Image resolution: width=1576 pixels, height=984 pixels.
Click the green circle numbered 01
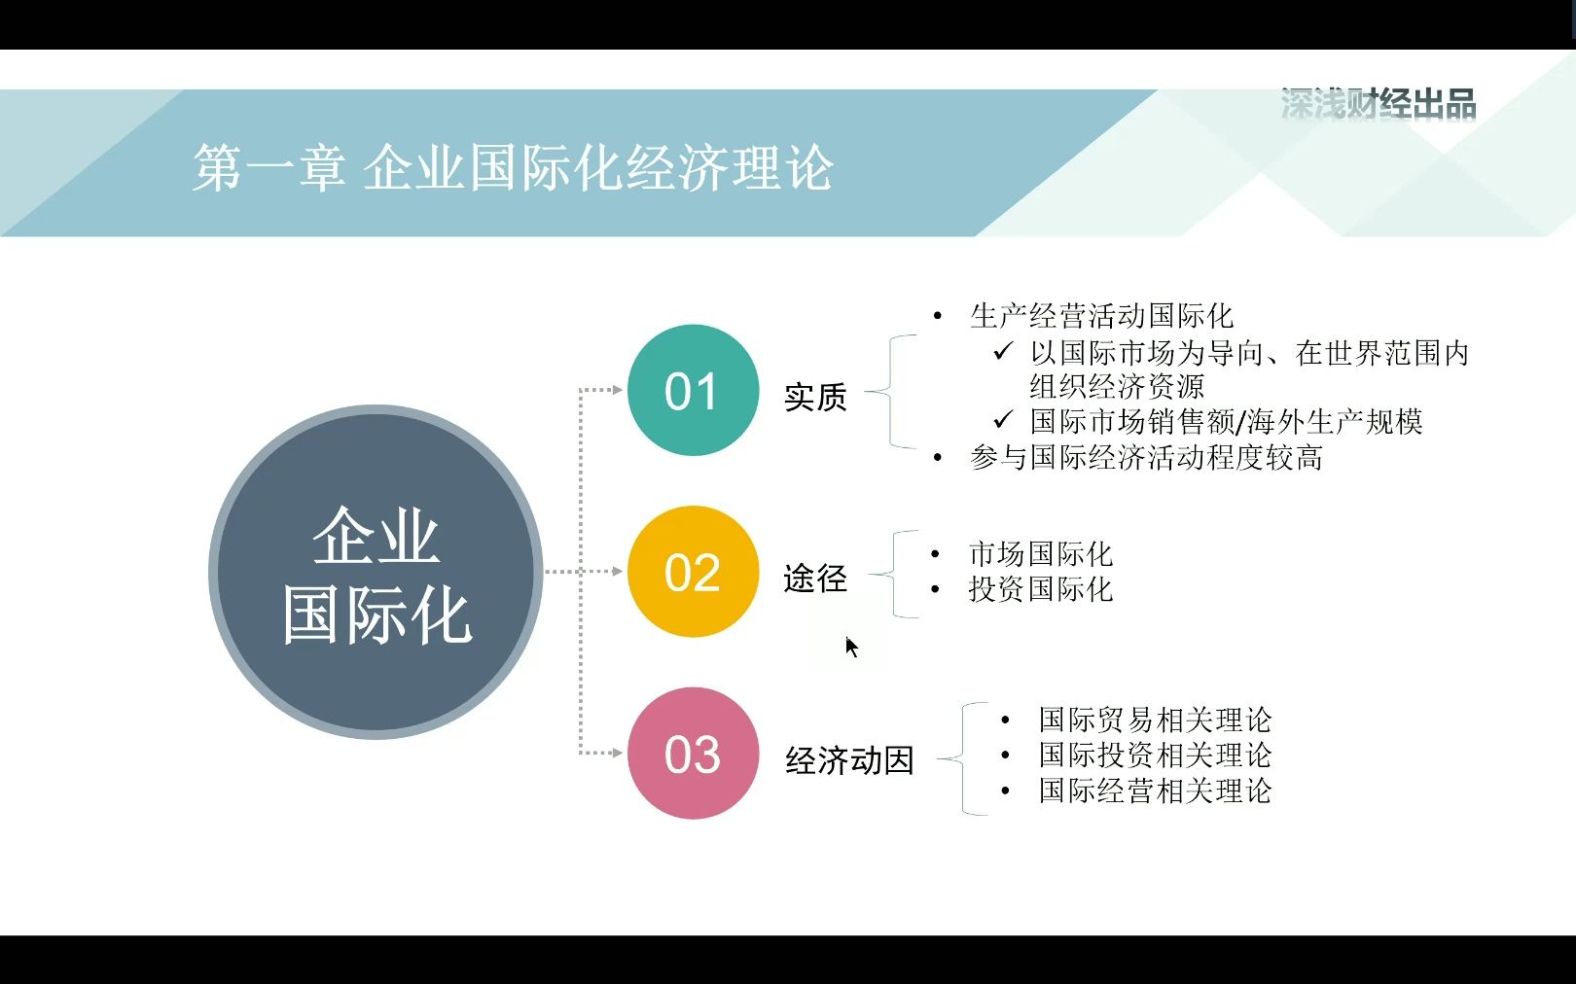click(x=693, y=390)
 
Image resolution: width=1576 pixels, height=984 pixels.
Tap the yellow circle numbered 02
click(x=693, y=572)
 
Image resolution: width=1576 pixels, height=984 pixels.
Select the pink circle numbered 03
click(x=693, y=754)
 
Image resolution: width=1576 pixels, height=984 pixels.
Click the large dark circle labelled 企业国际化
click(x=376, y=572)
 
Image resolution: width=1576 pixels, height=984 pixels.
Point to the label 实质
click(x=815, y=398)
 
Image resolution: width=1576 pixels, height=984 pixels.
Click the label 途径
click(x=815, y=579)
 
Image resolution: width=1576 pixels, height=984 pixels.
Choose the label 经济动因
click(x=849, y=760)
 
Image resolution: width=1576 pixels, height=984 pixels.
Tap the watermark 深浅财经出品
click(x=1379, y=104)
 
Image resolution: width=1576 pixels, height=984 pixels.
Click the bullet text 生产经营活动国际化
click(x=1102, y=316)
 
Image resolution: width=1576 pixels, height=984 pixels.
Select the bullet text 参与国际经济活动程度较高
click(x=1146, y=457)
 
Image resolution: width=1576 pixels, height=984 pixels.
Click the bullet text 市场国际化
click(x=1041, y=554)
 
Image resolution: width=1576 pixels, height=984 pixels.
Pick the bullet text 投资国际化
click(x=1041, y=589)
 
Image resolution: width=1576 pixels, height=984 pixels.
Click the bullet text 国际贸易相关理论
click(x=1156, y=720)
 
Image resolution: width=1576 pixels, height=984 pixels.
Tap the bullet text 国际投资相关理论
click(x=1156, y=755)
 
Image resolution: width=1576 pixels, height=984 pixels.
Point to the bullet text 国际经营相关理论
click(x=1156, y=790)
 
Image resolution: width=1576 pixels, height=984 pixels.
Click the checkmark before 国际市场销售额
click(x=1003, y=420)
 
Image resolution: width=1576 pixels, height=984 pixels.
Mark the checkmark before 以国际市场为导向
click(x=1003, y=350)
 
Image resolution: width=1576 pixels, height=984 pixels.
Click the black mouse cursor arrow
click(x=851, y=648)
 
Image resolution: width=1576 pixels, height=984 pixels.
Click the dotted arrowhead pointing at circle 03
click(x=617, y=753)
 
